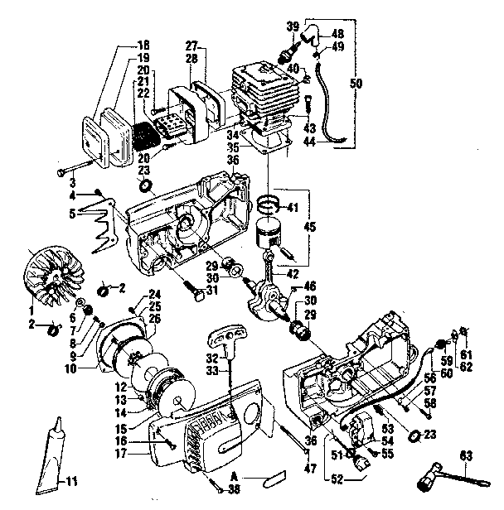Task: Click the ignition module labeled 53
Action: tap(360, 431)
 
